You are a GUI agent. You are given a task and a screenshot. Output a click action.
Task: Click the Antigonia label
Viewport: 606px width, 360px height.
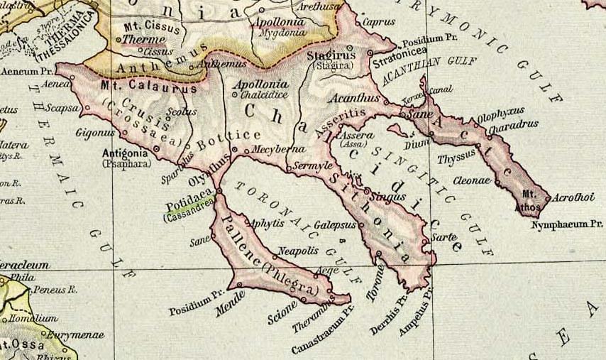pyautogui.click(x=125, y=153)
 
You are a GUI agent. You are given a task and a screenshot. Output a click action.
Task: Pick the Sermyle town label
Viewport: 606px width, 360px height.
pyautogui.click(x=314, y=165)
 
